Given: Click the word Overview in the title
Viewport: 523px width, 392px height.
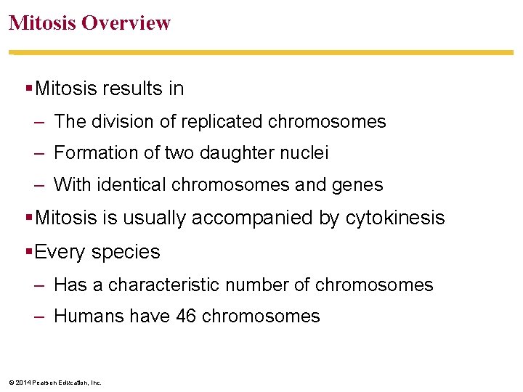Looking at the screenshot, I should pos(126,23).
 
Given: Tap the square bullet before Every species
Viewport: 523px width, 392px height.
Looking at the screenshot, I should pos(28,251).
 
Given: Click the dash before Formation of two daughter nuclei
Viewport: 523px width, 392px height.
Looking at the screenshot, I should pos(39,153).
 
